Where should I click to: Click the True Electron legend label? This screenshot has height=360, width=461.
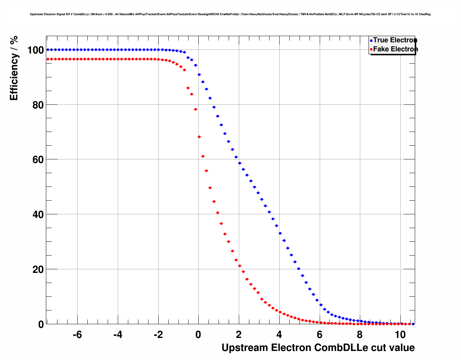point(395,40)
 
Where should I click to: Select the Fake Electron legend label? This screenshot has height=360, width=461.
point(395,49)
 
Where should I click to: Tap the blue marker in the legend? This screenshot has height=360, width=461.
point(371,40)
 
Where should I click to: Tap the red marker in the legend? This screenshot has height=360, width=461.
point(371,50)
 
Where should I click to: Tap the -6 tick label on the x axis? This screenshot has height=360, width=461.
point(77,335)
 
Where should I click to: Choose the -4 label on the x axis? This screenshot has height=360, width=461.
point(118,335)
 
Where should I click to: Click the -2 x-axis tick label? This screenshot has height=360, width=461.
point(158,335)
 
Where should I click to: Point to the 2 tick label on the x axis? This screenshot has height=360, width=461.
point(239,335)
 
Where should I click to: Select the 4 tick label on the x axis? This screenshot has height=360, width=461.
point(279,335)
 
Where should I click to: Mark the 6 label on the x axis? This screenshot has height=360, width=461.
point(320,335)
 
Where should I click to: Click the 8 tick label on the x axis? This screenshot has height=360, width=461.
point(360,335)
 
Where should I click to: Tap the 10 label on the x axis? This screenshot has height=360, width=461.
point(400,335)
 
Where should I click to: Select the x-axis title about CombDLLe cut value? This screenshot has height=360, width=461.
point(318,348)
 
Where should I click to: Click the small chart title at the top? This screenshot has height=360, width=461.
point(230,14)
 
